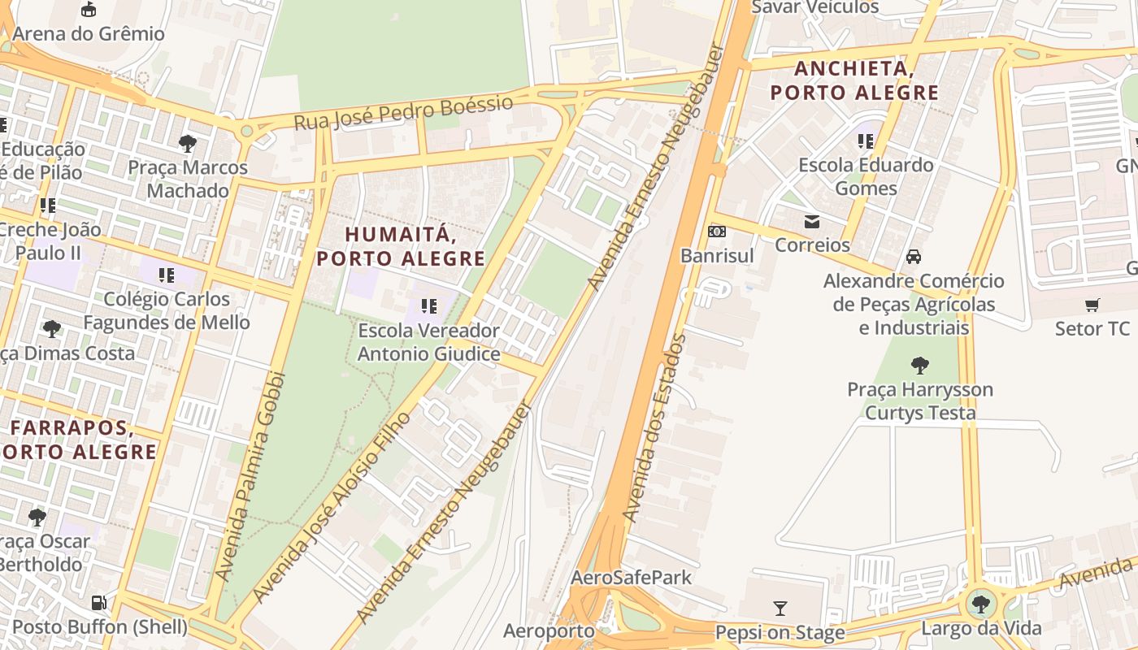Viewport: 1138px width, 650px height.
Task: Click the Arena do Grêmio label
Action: point(89,34)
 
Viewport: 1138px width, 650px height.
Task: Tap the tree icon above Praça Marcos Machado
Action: point(188,144)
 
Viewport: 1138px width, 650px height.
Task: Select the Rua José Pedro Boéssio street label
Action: point(403,113)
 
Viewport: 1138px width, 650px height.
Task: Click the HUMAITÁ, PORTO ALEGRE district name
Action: point(400,246)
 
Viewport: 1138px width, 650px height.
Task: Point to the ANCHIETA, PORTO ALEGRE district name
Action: point(854,80)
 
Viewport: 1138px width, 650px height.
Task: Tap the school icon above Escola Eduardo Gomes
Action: point(865,141)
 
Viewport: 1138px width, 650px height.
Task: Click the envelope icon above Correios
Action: point(811,221)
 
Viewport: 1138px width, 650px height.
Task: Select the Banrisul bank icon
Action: point(717,232)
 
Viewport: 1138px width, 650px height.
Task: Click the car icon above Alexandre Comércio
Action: point(914,257)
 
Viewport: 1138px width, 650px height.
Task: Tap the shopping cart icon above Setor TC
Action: point(1092,305)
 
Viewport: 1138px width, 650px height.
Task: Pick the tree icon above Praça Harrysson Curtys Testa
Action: point(919,365)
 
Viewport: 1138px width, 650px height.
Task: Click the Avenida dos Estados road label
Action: point(655,427)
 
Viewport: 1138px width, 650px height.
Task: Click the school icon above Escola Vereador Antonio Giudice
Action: point(428,306)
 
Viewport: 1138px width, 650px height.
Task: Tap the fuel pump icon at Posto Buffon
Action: point(98,603)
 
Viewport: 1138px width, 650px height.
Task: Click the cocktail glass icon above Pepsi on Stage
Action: point(780,608)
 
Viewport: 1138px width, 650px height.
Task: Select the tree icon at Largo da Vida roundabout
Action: point(981,604)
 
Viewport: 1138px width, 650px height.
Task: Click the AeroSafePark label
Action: point(631,578)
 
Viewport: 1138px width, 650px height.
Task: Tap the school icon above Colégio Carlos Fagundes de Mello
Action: point(167,275)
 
